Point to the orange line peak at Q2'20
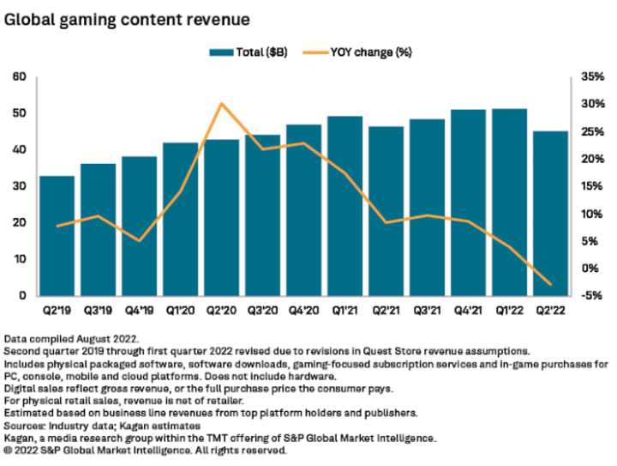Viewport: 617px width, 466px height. click(221, 104)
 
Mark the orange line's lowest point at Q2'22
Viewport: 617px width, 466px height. click(549, 285)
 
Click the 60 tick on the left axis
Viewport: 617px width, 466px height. click(19, 77)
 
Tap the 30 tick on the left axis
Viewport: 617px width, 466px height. click(19, 186)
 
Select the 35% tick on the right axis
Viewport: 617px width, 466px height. click(591, 77)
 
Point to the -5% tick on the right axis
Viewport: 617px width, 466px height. click(591, 296)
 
